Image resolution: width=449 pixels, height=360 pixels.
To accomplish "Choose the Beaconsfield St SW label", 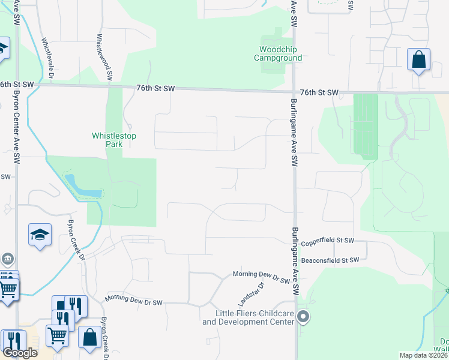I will click(x=330, y=260).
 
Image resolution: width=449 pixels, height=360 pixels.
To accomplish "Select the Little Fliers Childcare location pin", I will click(x=304, y=317).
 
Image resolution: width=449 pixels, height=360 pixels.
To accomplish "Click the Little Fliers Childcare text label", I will click(x=248, y=318).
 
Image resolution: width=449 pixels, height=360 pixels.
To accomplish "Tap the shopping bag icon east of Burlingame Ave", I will click(x=419, y=60).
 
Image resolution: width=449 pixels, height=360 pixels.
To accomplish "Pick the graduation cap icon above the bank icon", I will click(x=40, y=235).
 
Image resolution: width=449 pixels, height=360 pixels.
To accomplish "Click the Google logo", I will click(x=20, y=353).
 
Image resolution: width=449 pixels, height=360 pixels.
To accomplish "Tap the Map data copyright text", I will click(x=424, y=355).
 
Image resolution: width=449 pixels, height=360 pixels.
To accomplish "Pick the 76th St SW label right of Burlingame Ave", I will click(x=319, y=93).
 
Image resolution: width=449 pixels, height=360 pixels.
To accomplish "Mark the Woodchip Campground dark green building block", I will click(x=274, y=65).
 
